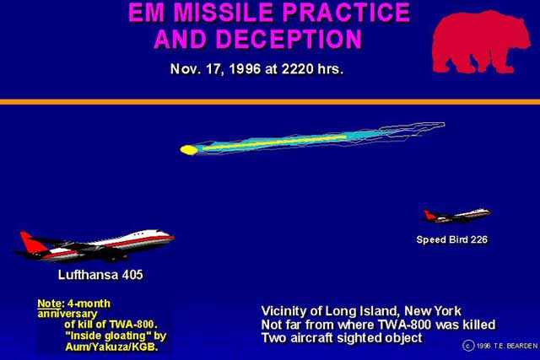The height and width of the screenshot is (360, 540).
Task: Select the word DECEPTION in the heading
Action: (289, 39)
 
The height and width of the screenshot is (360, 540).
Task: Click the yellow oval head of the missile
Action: (189, 150)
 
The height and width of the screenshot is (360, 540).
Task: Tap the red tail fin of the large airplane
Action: (32, 242)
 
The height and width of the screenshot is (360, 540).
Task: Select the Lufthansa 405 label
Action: (100, 275)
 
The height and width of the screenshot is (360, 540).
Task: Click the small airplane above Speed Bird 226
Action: (456, 215)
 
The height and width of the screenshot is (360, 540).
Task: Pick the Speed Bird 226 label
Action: (452, 239)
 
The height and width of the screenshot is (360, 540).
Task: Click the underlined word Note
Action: (49, 304)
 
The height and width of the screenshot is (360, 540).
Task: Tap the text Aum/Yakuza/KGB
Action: (111, 347)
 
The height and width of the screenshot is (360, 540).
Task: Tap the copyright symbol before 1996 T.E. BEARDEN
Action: (468, 345)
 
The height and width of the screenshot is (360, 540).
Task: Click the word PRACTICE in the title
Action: (346, 13)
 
